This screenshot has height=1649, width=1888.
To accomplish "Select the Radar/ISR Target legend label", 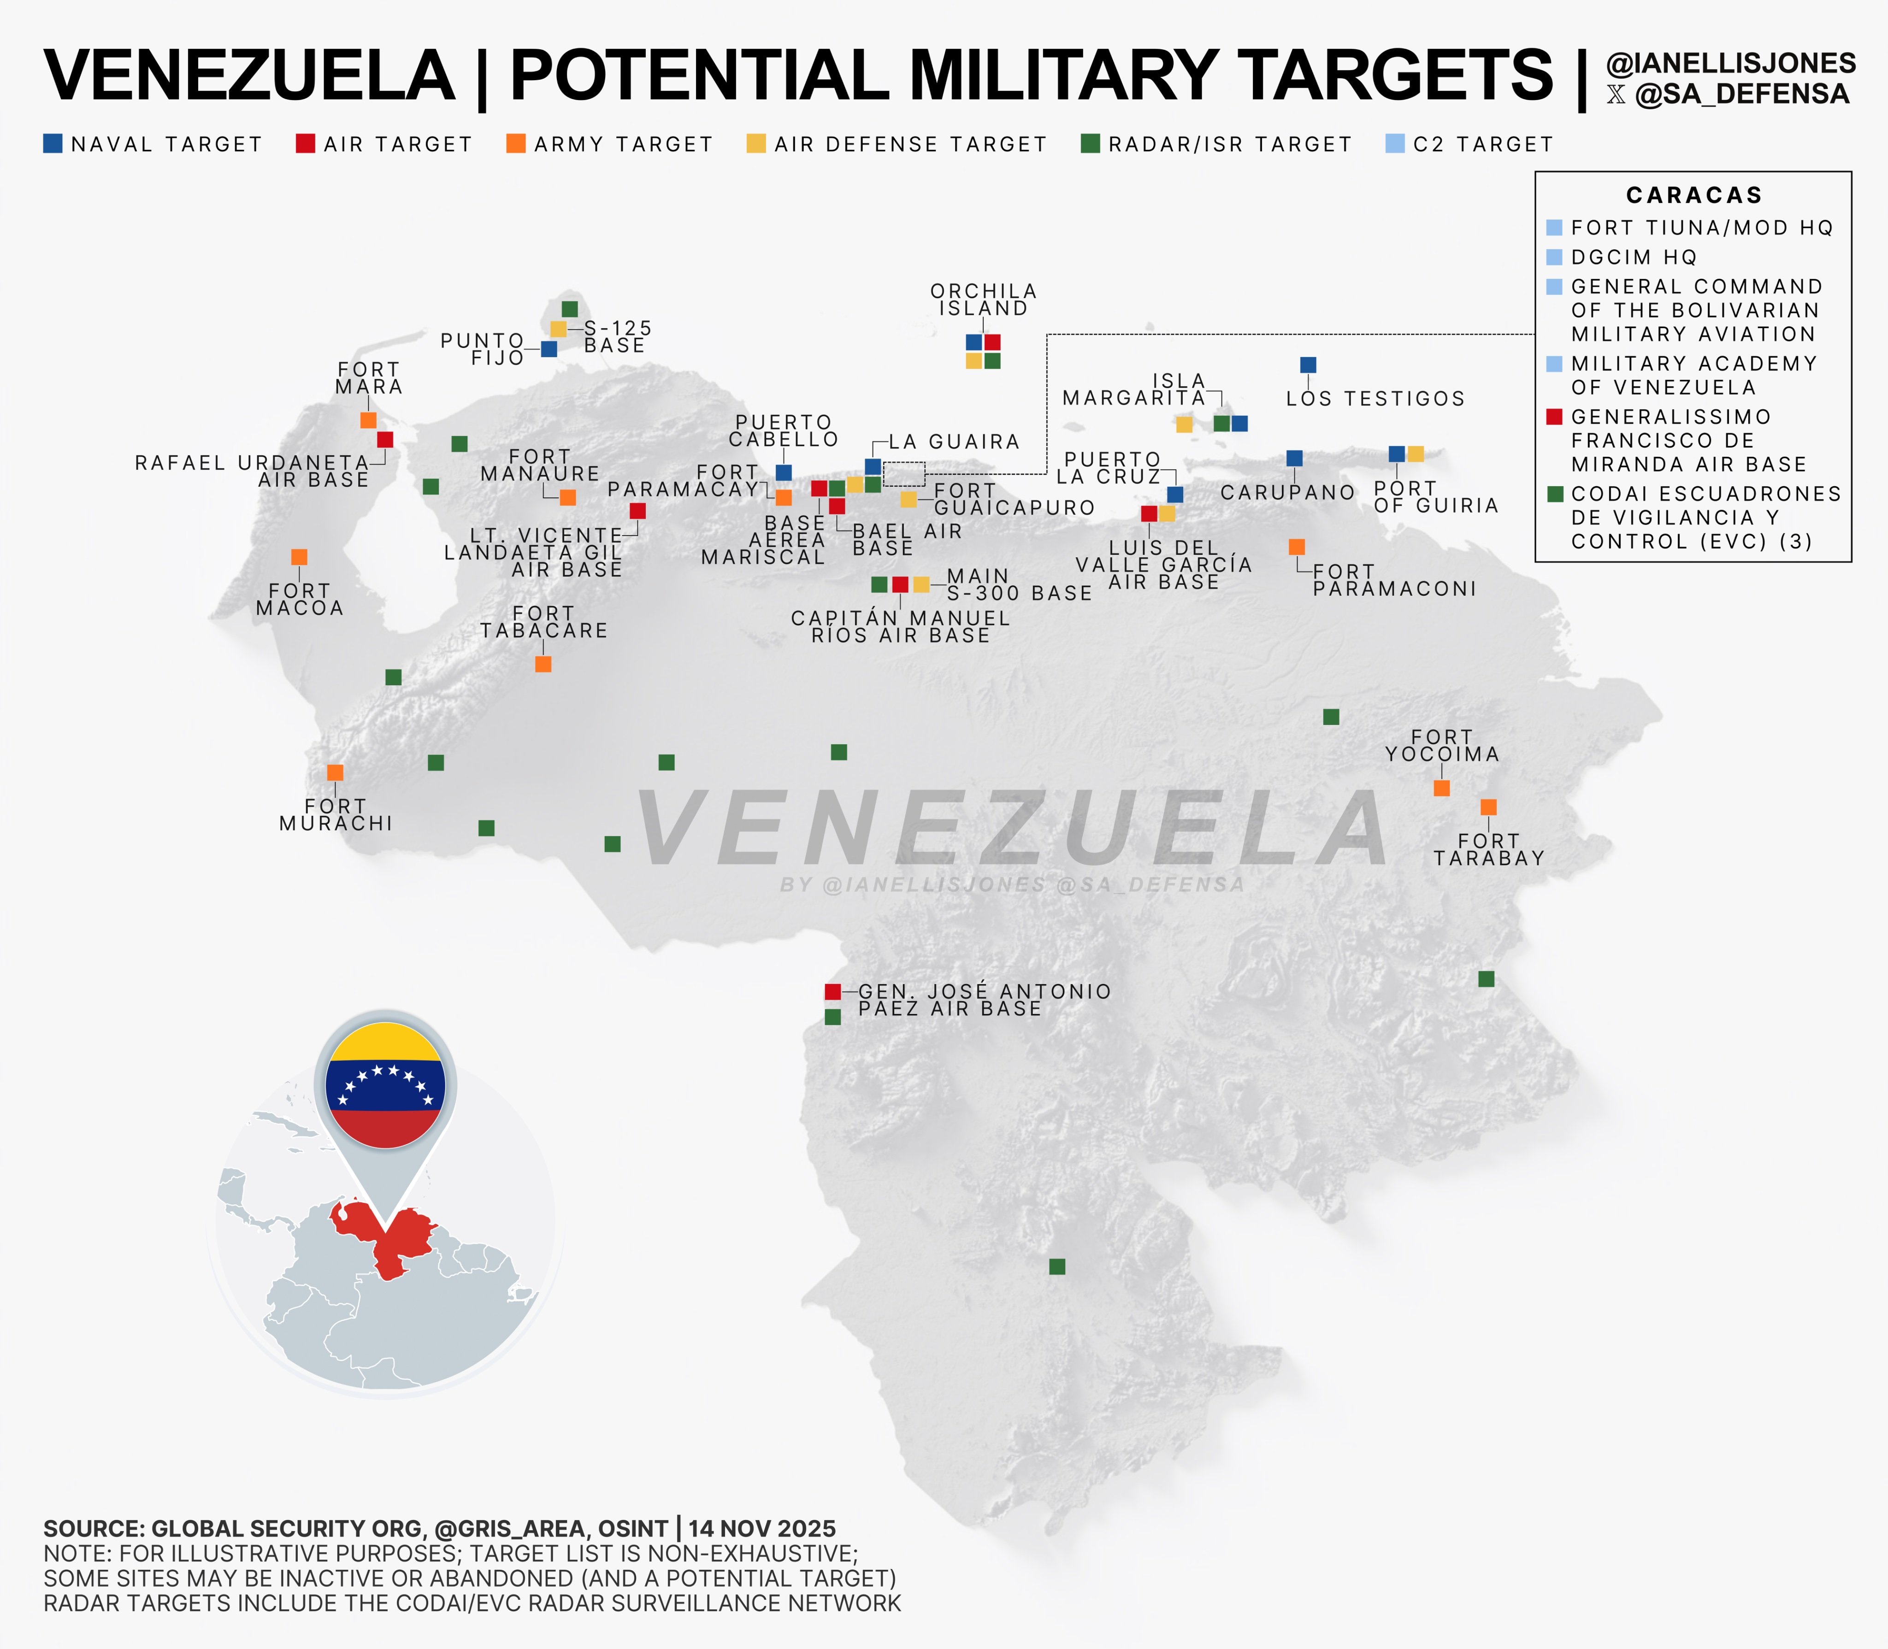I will (1229, 144).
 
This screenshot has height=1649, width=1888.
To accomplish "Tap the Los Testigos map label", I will (1375, 399).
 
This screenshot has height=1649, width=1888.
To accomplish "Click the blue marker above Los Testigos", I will (1307, 365).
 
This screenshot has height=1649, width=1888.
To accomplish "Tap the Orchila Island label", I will (984, 300).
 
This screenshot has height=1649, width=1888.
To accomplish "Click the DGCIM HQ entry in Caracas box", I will (1633, 257).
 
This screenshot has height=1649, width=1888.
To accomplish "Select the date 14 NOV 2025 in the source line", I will (762, 1528).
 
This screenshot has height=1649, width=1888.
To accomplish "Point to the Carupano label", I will (1287, 492).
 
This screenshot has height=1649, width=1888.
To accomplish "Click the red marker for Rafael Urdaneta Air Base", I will (384, 440).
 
